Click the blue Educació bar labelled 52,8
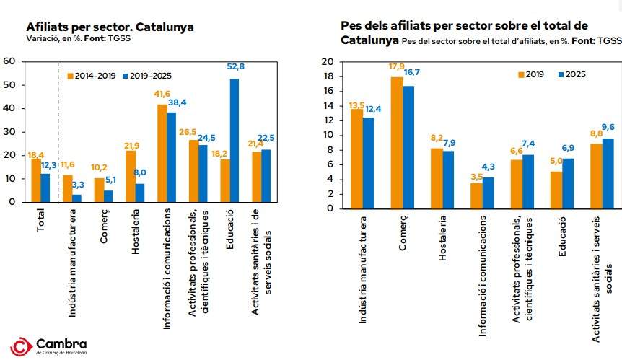pos(235,140)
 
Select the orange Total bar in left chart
pos(36,180)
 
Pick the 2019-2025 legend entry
pos(148,74)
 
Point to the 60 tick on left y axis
pos(9,61)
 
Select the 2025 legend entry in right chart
pos(572,74)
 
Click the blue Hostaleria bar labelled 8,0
pos(140,193)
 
